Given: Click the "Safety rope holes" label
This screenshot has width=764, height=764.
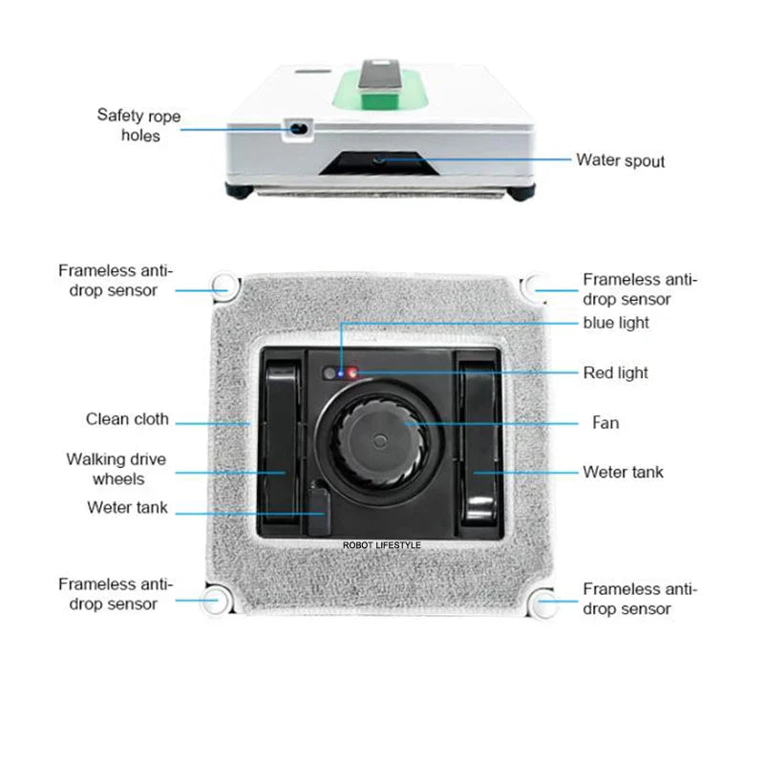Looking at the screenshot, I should [138, 126].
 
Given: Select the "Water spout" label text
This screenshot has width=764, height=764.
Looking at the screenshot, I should [620, 159].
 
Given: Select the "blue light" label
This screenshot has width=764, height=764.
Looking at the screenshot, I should [616, 323].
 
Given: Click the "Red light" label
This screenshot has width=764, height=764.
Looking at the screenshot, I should [616, 372].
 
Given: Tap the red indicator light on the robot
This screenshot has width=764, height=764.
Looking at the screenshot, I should [350, 373].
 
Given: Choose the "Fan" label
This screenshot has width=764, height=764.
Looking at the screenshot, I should [605, 422].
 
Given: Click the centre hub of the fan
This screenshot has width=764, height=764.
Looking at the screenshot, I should [379, 443].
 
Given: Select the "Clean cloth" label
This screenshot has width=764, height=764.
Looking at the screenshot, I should [127, 419].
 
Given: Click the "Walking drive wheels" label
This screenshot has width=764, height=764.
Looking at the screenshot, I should [116, 469].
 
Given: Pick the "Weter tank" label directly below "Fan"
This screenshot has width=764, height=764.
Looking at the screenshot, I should [623, 472].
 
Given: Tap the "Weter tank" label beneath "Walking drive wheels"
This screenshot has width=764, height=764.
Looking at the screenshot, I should [127, 508].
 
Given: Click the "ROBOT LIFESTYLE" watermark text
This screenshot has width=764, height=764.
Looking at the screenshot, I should [381, 545].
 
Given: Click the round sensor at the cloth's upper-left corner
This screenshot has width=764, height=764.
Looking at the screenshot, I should [223, 283].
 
